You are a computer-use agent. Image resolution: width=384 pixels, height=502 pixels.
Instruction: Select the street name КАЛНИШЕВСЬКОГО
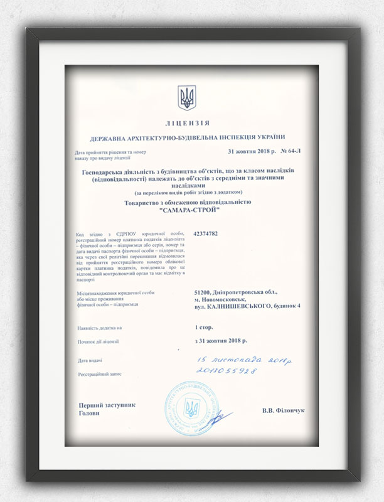(x=238, y=306)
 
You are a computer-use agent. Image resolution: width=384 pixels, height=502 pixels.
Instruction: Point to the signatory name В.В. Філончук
(x=283, y=410)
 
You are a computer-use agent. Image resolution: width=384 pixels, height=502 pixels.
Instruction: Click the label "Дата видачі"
(x=90, y=361)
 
